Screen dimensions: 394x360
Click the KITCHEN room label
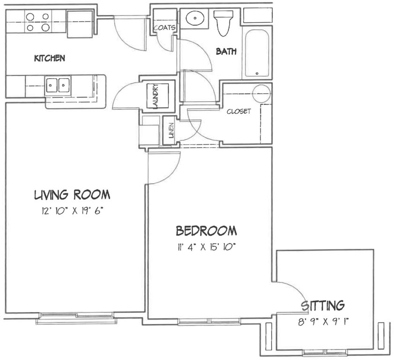(x=50, y=58)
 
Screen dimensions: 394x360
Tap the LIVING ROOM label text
(x=72, y=195)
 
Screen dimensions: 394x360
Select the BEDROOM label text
(x=206, y=231)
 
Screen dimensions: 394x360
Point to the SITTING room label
(x=323, y=306)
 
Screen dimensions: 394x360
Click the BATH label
(x=226, y=51)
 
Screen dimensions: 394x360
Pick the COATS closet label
(x=164, y=27)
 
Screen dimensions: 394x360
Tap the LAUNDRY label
(x=156, y=96)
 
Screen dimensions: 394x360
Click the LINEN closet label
(x=171, y=130)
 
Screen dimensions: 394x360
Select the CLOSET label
(x=239, y=111)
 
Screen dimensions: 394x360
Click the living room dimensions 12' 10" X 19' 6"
(x=73, y=210)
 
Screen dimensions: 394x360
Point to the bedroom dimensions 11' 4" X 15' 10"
(x=206, y=247)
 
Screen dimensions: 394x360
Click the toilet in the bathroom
(x=223, y=22)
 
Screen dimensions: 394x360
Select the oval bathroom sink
(x=195, y=18)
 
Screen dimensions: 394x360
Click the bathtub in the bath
(x=257, y=53)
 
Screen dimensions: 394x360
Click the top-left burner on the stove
(x=30, y=17)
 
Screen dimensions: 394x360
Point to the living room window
(x=76, y=318)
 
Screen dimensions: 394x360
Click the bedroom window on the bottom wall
(x=209, y=322)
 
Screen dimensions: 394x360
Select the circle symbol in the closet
(x=261, y=93)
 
